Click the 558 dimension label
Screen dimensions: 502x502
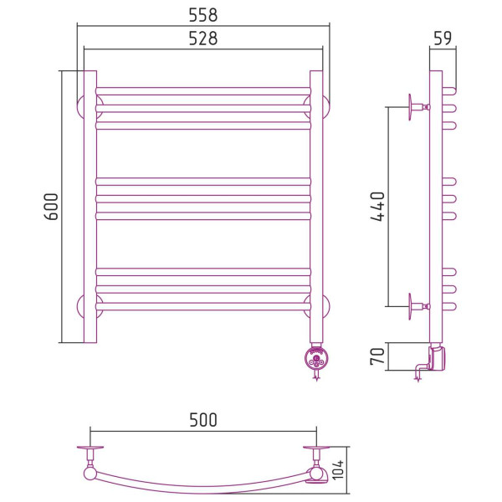pyautogui.click(x=203, y=15)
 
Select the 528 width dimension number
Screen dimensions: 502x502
pyautogui.click(x=203, y=38)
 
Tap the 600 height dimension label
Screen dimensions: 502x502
pyautogui.click(x=51, y=207)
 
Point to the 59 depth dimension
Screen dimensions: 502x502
pyautogui.click(x=443, y=38)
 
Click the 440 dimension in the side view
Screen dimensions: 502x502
pyautogui.click(x=377, y=207)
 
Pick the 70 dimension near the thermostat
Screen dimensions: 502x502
pyautogui.click(x=377, y=356)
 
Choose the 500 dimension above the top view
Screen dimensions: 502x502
pyautogui.click(x=203, y=420)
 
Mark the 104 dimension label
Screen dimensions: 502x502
pyautogui.click(x=338, y=469)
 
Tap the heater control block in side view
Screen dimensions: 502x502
pyautogui.click(x=438, y=357)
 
